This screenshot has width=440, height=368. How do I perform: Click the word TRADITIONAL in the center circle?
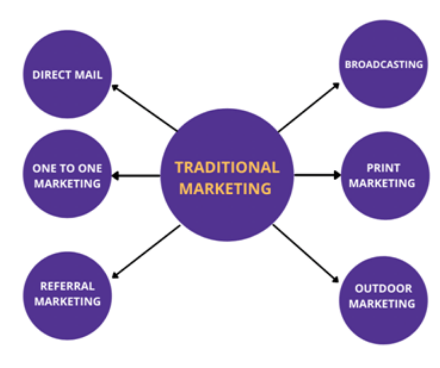(227, 167)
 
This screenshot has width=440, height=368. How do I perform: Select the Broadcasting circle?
(383, 64)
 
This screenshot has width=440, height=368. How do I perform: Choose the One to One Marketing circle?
(67, 175)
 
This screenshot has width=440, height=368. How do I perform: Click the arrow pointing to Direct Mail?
(144, 107)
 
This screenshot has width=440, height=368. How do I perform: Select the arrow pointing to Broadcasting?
(308, 107)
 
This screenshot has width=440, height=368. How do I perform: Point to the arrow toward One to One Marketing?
(136, 176)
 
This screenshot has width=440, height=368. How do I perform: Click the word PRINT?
(383, 168)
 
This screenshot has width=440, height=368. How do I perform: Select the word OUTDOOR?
(383, 288)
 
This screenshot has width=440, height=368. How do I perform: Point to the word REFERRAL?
(67, 286)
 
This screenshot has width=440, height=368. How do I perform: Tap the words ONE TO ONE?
(67, 168)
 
